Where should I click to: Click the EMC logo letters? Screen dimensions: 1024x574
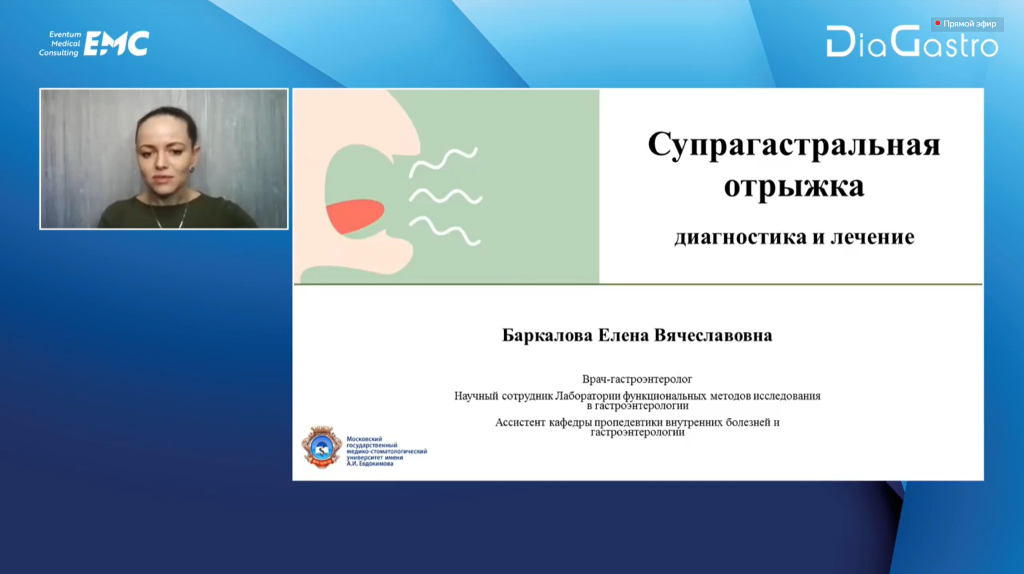pyautogui.click(x=117, y=43)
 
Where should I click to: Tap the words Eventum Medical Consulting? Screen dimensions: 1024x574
pyautogui.click(x=60, y=43)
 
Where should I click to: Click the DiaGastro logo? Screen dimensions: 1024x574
pyautogui.click(x=912, y=41)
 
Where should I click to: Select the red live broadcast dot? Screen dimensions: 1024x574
pyautogui.click(x=937, y=23)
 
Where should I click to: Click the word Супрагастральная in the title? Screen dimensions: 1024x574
pyautogui.click(x=794, y=145)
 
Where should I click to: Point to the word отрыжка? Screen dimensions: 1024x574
pyautogui.click(x=794, y=186)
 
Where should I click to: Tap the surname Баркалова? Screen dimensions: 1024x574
pyautogui.click(x=548, y=336)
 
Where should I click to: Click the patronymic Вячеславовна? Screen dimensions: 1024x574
pyautogui.click(x=713, y=335)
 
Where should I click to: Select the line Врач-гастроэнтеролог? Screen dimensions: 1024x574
pyautogui.click(x=637, y=379)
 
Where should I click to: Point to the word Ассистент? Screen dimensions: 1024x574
pyautogui.click(x=520, y=422)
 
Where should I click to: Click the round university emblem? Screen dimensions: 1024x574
pyautogui.click(x=322, y=448)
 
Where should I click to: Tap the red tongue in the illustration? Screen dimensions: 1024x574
pyautogui.click(x=355, y=216)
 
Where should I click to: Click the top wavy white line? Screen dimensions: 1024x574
pyautogui.click(x=443, y=162)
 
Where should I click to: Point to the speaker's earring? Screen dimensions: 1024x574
pyautogui.click(x=192, y=170)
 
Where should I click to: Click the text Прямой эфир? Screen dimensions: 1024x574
pyautogui.click(x=970, y=24)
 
